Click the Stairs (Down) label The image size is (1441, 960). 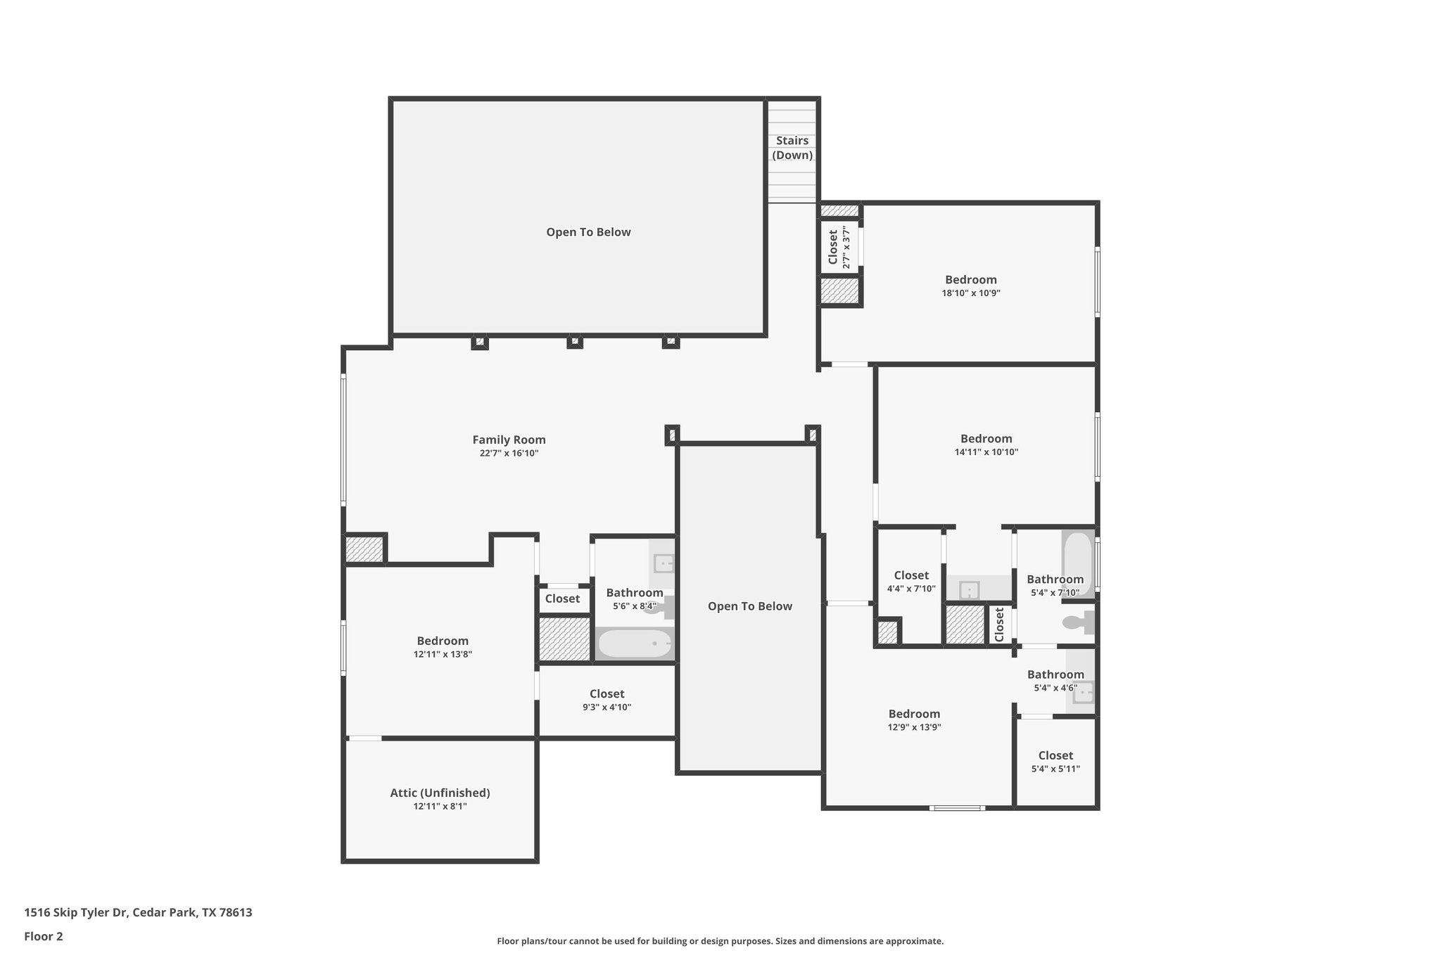tap(792, 148)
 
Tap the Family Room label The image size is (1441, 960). tap(509, 440)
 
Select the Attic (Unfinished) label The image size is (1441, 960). tap(440, 793)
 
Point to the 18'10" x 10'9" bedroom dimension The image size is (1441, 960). tap(971, 293)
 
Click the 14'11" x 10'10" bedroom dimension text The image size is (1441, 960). tap(986, 452)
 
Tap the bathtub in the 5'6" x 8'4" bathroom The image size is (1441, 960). tap(635, 644)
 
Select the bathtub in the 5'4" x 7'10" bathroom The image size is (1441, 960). tap(1077, 563)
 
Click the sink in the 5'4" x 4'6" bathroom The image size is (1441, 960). tap(1082, 692)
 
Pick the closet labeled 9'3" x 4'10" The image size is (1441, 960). tap(607, 700)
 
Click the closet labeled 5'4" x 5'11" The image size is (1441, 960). tap(1055, 762)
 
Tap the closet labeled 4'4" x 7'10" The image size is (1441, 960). tap(911, 582)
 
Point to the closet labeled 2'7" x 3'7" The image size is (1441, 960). tap(838, 248)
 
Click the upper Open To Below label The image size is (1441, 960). tap(588, 232)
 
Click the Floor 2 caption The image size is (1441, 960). tap(44, 937)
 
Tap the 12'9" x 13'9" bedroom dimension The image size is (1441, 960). tap(914, 728)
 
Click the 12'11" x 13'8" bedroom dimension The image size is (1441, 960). tap(443, 654)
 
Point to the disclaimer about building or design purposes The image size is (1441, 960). tap(720, 941)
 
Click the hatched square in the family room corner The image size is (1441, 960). tap(364, 549)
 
